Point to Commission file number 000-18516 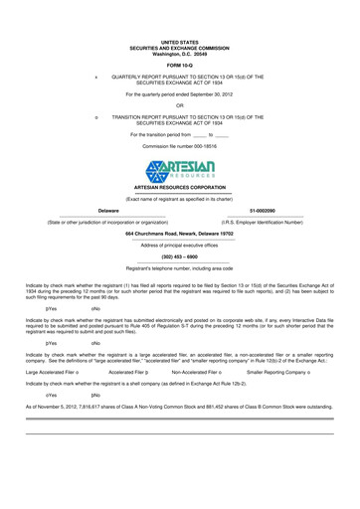[x=180, y=146]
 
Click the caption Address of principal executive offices [x=180, y=244]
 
